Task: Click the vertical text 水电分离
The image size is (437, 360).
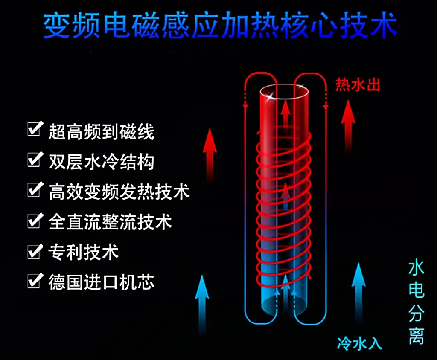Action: point(416,302)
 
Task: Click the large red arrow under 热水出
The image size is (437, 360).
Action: point(348,124)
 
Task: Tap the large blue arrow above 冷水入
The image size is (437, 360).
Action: point(358,290)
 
